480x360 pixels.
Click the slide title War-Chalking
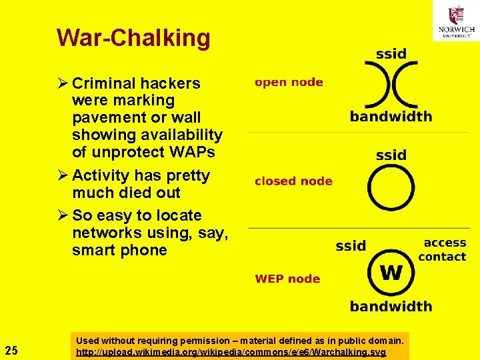pos(133,38)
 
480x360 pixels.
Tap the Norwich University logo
pos(456,21)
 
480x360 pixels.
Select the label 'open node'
pos(289,83)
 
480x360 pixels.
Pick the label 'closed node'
pos(293,181)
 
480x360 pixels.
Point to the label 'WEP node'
pos(287,279)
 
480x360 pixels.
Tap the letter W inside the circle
pos(391,273)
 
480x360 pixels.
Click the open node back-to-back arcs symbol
pos(391,85)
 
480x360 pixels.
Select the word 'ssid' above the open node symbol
pos(391,54)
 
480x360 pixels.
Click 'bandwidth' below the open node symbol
pos(391,117)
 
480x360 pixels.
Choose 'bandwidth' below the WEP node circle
pos(391,307)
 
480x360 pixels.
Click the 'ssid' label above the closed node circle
pos(391,155)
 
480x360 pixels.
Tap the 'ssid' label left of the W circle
pos(351,246)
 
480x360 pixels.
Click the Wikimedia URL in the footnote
pos(231,351)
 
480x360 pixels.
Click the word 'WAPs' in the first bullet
pos(192,152)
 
